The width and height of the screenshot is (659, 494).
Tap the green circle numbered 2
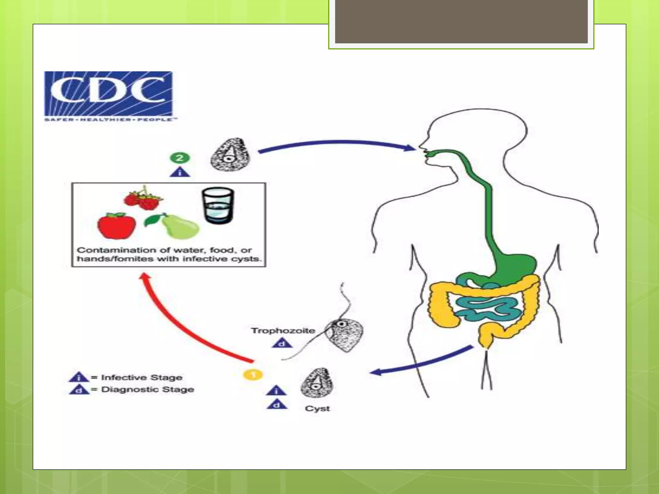(180, 158)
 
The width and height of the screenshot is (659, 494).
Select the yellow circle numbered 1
(253, 375)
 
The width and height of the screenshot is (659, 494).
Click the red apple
(116, 226)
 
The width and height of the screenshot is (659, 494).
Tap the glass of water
(218, 206)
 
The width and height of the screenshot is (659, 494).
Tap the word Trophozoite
(283, 331)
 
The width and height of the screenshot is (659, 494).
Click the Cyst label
(317, 408)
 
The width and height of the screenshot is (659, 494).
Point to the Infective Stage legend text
(142, 377)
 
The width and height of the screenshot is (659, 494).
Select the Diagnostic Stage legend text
(147, 389)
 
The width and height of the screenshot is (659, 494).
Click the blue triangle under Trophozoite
(282, 343)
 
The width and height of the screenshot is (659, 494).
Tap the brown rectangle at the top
(461, 21)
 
